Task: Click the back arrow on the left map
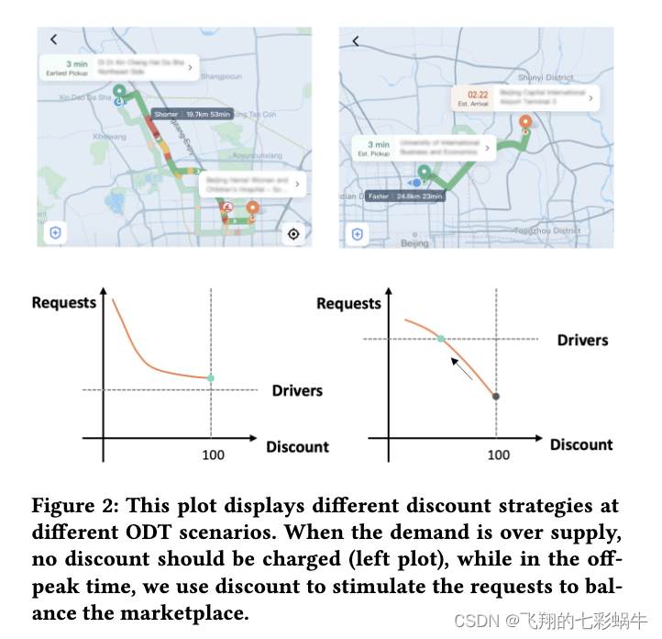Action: [x=54, y=39]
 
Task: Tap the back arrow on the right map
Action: [x=356, y=40]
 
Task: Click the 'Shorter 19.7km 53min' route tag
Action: [x=192, y=114]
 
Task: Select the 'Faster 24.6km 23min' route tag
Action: [x=404, y=196]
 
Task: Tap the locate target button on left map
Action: [x=293, y=233]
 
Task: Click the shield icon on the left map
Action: [x=56, y=233]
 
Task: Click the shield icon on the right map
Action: [x=357, y=234]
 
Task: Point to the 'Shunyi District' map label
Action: [x=545, y=79]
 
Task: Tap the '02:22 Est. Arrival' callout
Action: [x=525, y=98]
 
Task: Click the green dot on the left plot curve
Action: [x=211, y=378]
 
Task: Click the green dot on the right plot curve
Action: [x=441, y=339]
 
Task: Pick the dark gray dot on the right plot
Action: [x=496, y=397]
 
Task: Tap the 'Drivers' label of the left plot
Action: [x=297, y=390]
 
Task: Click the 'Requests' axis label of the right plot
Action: [x=348, y=304]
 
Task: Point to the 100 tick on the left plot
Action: [x=211, y=455]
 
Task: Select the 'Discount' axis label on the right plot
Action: [x=581, y=444]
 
